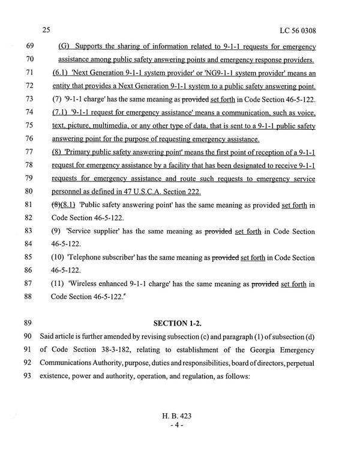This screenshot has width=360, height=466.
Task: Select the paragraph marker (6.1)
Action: [61, 73]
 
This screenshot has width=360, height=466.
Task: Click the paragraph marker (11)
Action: [60, 284]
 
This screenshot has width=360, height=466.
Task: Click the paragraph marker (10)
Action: [60, 258]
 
